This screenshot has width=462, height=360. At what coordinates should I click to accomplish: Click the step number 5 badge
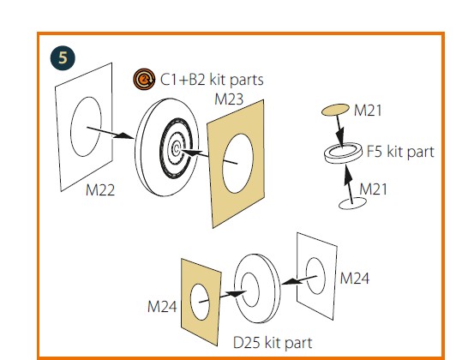point(63,57)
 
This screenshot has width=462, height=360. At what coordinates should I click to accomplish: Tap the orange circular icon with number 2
point(144,79)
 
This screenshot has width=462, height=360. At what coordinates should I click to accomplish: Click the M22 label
point(100,190)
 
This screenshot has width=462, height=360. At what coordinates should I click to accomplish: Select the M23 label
point(229,99)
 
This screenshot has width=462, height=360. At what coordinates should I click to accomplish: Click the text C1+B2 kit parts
point(212,80)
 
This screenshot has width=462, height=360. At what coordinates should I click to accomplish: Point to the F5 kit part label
point(400,152)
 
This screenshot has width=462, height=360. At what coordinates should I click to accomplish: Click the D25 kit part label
point(273,343)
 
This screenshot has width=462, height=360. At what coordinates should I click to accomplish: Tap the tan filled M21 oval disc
point(335,110)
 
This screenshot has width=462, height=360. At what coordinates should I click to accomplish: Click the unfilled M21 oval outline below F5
point(352,203)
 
